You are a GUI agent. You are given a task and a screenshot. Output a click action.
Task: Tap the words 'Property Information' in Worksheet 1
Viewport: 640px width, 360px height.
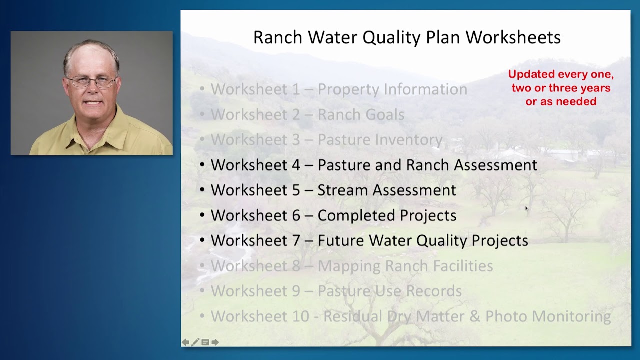tap(392, 89)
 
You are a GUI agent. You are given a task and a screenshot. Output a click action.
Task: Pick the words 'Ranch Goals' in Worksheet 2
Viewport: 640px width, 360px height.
tap(361, 114)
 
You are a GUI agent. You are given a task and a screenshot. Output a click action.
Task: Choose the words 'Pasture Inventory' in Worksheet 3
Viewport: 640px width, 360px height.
tap(380, 140)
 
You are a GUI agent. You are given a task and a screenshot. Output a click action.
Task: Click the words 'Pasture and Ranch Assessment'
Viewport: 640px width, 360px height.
tap(427, 165)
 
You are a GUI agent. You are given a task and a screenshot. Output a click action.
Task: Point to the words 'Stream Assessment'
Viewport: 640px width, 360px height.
tap(386, 190)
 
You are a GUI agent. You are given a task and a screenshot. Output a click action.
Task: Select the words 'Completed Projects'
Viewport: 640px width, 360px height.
tap(387, 215)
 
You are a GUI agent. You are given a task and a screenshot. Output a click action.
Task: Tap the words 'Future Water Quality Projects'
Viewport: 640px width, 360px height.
tap(423, 240)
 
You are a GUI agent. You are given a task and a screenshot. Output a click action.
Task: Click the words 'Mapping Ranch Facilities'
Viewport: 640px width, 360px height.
tap(405, 266)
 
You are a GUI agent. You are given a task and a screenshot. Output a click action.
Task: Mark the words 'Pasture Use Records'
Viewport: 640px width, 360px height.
tap(389, 291)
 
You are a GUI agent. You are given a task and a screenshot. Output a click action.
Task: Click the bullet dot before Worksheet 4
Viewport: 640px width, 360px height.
tap(202, 165)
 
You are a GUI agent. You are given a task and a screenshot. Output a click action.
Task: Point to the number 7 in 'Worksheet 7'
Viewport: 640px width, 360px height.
tap(296, 240)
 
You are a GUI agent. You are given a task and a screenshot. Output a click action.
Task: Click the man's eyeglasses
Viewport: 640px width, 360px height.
tap(91, 81)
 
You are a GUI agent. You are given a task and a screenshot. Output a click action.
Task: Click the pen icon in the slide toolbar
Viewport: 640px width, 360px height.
tap(195, 342)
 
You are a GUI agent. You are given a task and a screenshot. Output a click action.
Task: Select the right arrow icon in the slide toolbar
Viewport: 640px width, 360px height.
tap(215, 342)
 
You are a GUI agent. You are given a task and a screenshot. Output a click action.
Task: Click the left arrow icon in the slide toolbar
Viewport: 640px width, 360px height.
tap(185, 342)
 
